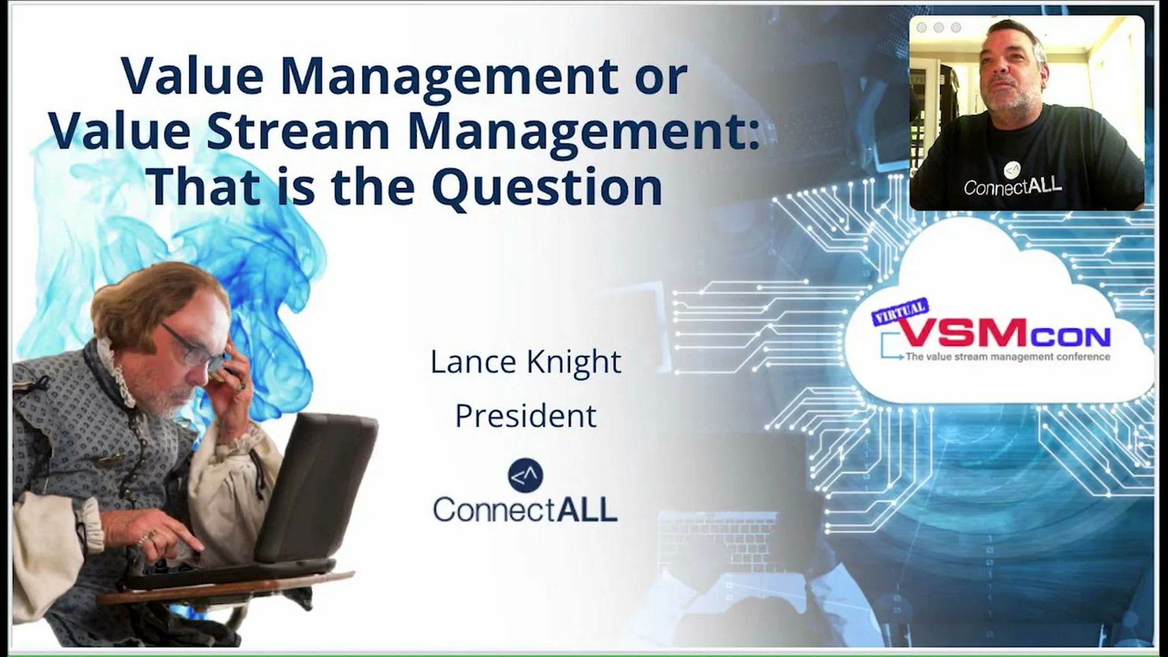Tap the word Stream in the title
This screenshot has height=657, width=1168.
coord(298,131)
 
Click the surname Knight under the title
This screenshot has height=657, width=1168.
coord(574,362)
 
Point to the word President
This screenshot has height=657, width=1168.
coord(526,416)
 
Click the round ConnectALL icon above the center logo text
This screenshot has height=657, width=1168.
coord(525,476)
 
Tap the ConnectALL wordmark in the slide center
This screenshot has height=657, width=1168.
coord(525,509)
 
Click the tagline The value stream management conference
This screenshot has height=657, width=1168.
coord(1007,357)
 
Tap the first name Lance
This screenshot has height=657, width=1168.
coord(474,362)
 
